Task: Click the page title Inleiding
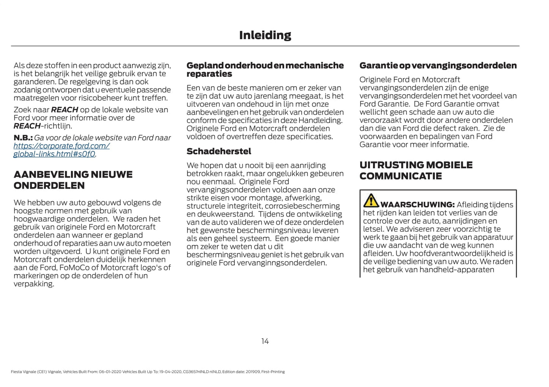point(265,35)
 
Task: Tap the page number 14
point(265,341)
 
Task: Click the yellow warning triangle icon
point(371,201)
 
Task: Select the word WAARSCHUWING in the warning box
point(417,205)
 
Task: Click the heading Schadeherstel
point(219,151)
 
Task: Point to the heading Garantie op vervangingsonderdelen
point(438,65)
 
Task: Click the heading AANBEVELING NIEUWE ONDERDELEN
point(73,180)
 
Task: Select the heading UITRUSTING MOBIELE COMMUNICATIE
point(416,171)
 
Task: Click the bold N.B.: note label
point(23,138)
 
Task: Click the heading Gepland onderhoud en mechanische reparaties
point(265,70)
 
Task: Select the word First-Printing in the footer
point(273,372)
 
